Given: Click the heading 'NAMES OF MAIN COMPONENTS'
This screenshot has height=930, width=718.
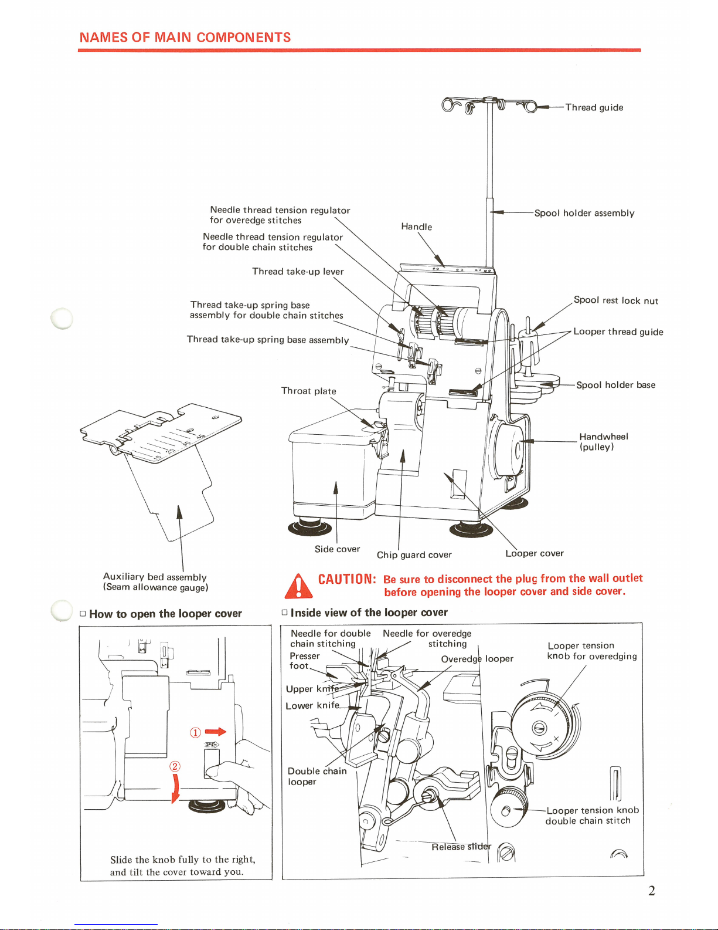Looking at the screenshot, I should point(185,38).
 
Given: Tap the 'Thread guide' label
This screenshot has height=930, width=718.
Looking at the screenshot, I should point(594,107).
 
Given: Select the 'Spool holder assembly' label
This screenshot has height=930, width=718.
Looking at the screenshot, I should point(584,213).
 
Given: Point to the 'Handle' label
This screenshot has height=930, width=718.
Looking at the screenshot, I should point(416,226).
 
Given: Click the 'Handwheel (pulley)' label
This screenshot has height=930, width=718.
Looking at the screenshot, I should point(603,441).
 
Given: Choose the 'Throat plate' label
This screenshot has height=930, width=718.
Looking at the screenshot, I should point(308,391).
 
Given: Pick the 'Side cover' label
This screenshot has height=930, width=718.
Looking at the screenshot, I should point(337,549).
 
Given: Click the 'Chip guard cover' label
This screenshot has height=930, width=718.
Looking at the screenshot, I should point(414,554).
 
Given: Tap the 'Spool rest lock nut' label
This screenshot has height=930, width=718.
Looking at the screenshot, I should point(615,300).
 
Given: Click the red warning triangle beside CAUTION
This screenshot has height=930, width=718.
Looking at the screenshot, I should point(298,586).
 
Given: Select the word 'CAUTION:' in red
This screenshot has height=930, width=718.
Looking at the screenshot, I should point(346,579).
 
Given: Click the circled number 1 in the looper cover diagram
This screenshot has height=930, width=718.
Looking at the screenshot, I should point(195,732).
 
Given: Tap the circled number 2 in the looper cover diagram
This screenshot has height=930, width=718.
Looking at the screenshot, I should point(175,766).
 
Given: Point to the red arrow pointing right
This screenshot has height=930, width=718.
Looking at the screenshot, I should point(215,732).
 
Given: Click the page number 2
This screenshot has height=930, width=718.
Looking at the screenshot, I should point(651,891).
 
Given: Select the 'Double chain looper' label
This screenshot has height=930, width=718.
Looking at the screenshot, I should point(317,776).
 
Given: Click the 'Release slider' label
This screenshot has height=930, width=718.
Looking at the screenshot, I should point(461,846).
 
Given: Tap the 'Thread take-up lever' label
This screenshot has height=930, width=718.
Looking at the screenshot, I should point(298,271).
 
